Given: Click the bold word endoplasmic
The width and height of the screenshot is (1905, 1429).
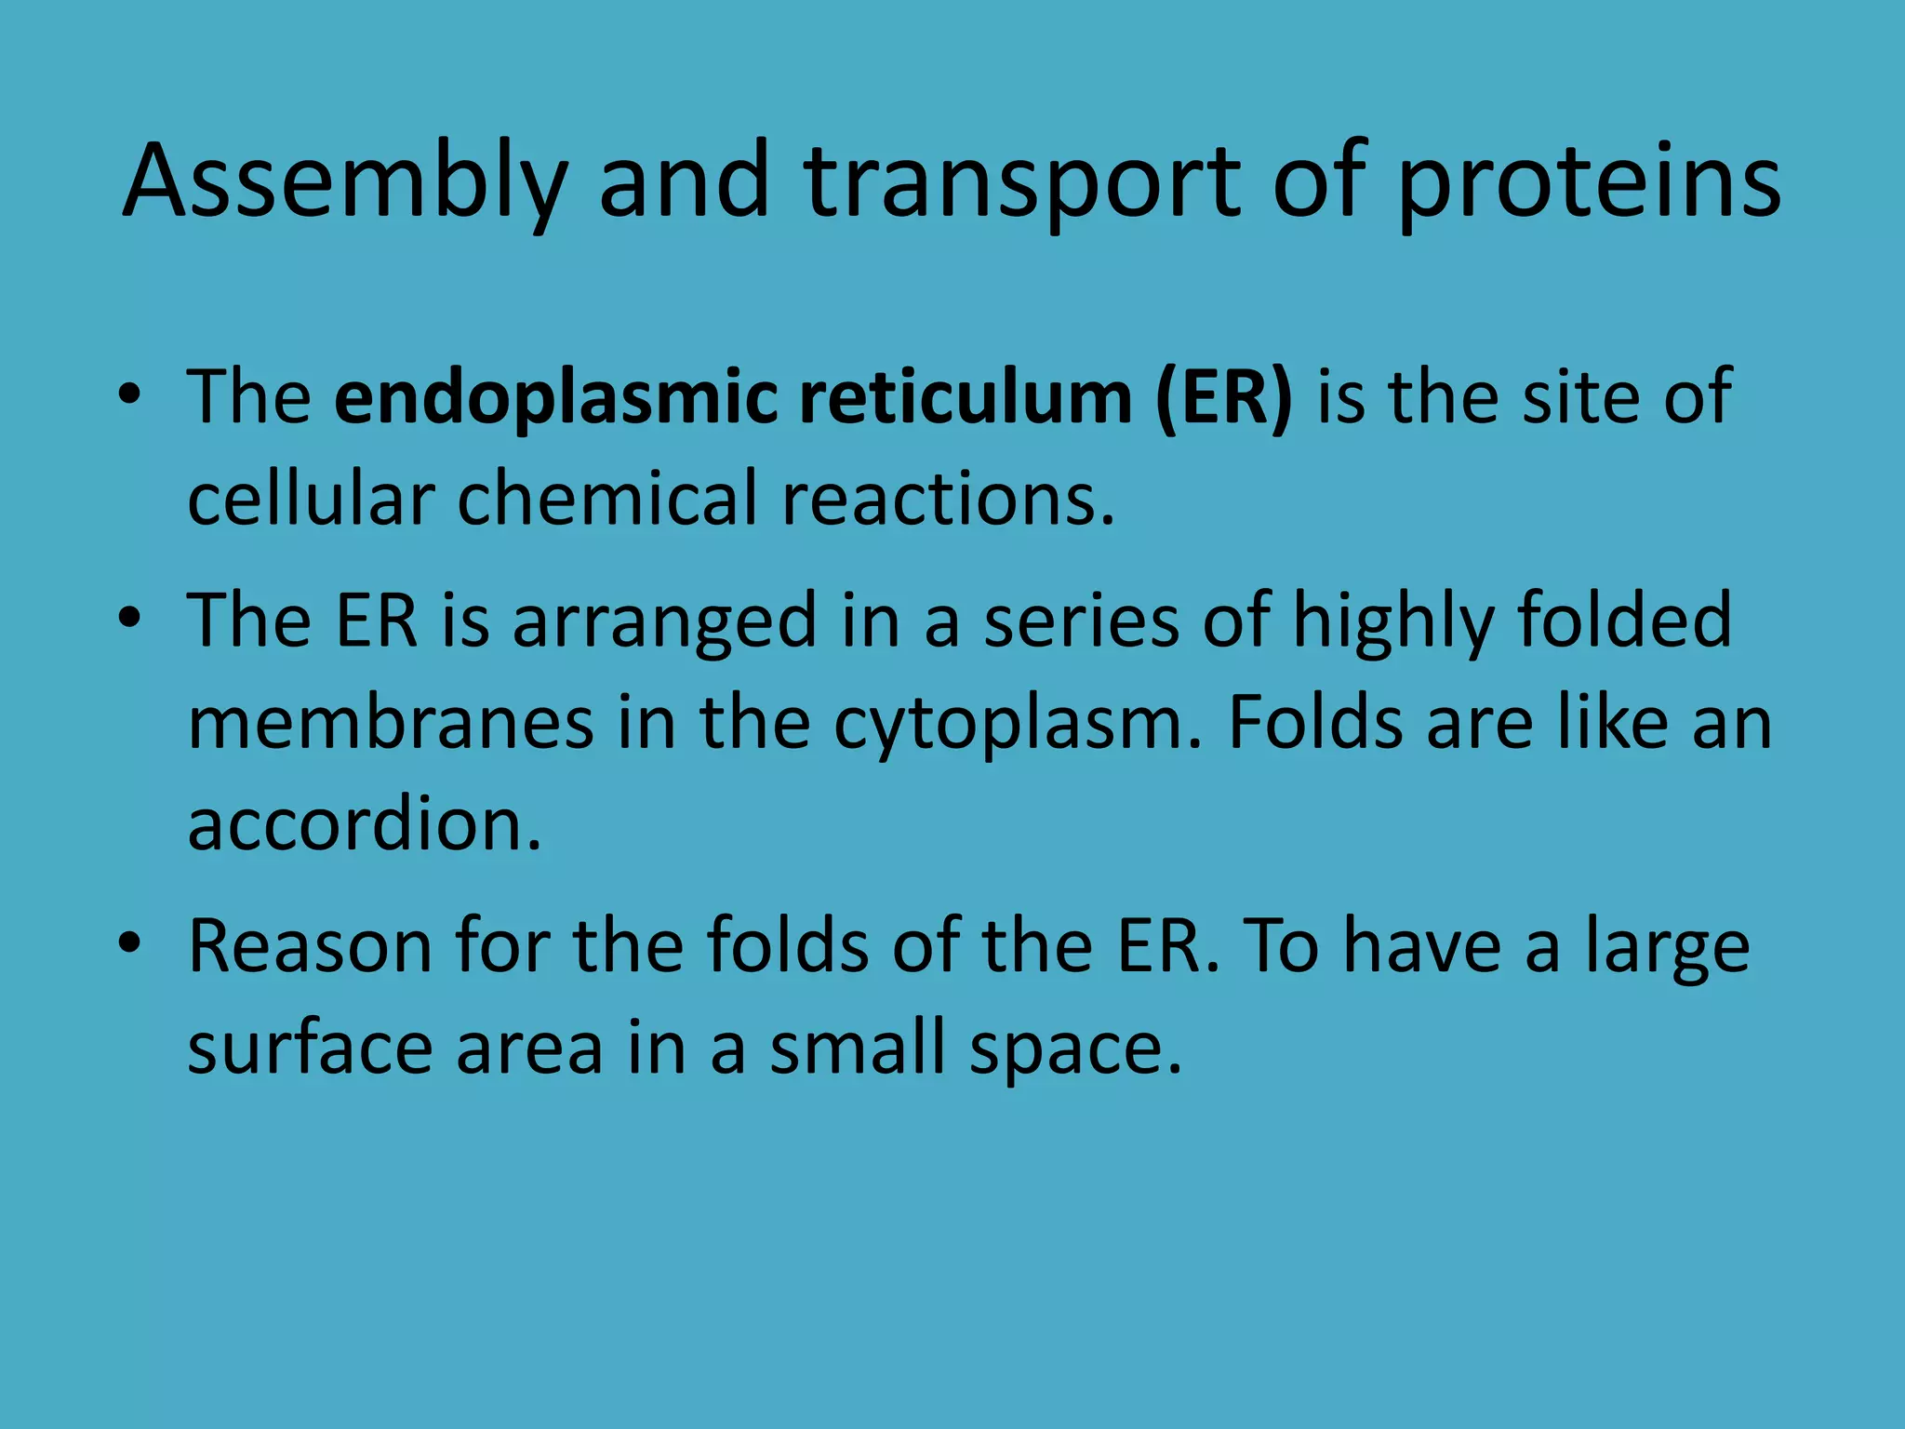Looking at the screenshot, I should pos(554,398).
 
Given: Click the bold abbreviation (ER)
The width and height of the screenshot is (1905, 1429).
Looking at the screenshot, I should pos(1223,398).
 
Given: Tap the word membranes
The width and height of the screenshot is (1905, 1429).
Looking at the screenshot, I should pos(391,723).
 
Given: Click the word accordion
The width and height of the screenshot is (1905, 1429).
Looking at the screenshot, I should pos(364,824).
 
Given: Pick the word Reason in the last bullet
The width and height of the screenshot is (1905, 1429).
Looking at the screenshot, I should pos(311,946).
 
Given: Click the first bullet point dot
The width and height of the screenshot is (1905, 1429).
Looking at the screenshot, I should pos(129,395).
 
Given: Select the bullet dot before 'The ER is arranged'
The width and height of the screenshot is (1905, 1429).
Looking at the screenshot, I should pos(129,619).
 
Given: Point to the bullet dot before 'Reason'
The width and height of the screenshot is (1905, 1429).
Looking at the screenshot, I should pos(129,943).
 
